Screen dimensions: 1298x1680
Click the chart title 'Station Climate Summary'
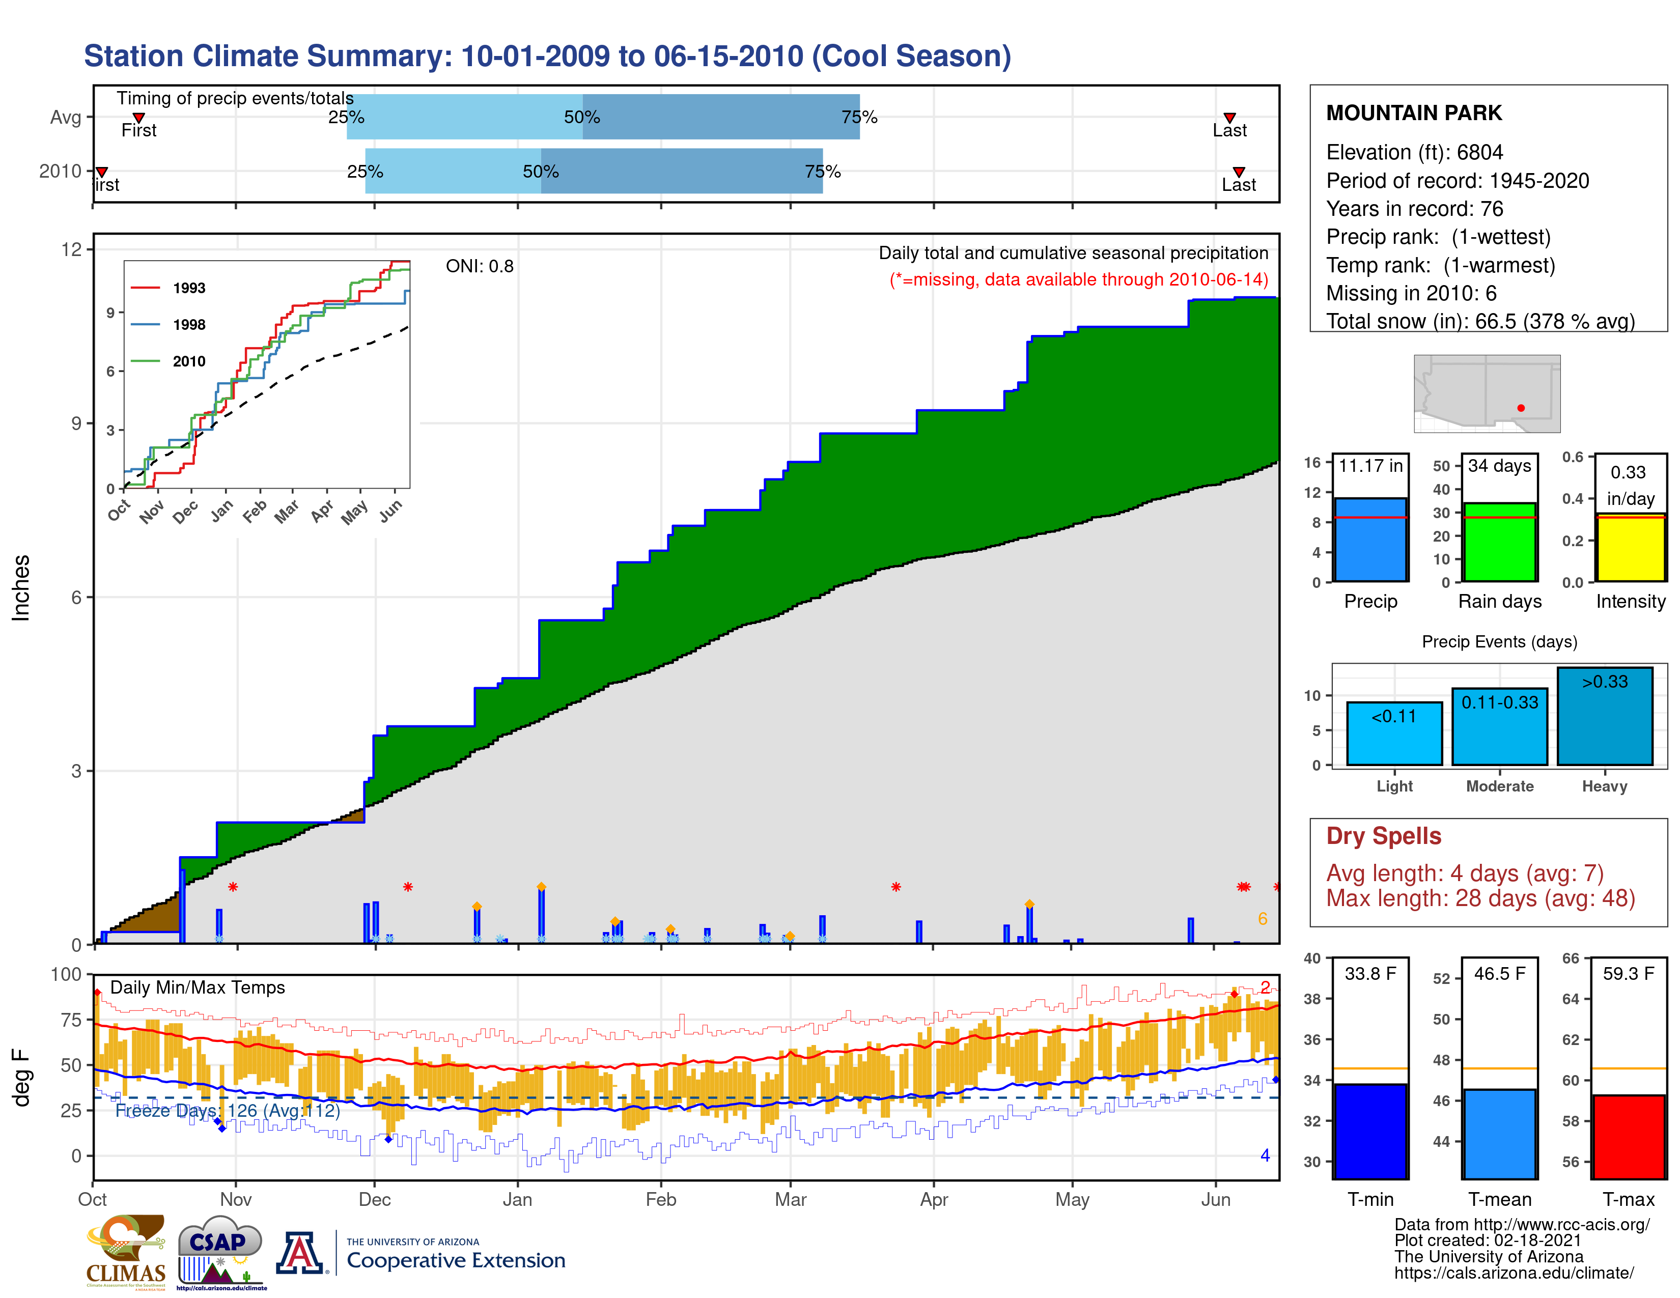coord(547,56)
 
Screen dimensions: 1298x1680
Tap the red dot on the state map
coord(1521,408)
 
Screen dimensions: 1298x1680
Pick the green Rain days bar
coord(1499,542)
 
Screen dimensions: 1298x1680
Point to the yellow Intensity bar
coord(1630,548)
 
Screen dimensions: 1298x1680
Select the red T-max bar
coord(1629,1137)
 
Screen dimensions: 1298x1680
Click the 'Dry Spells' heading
coord(1383,836)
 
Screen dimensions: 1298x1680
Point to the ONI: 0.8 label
coord(479,266)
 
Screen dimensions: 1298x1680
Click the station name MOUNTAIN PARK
coord(1413,113)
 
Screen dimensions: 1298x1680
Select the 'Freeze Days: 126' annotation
coord(227,1110)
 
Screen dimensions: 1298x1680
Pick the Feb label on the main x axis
coord(660,1200)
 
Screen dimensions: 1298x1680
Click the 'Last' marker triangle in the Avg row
coord(1229,118)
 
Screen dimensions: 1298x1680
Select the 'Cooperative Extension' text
coord(456,1260)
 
